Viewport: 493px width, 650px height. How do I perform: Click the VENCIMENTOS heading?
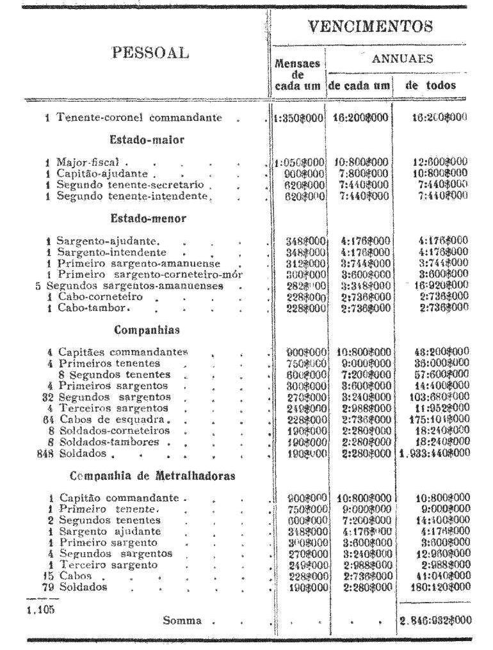click(369, 27)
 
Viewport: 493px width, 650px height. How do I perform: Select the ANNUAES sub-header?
click(395, 58)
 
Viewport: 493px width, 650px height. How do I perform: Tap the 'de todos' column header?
click(431, 85)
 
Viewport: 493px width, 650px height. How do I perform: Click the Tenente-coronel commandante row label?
click(139, 118)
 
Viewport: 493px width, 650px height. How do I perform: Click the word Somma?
click(182, 620)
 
